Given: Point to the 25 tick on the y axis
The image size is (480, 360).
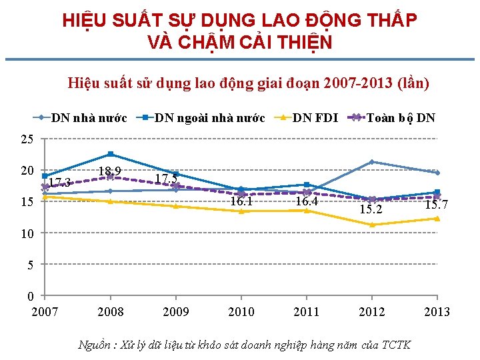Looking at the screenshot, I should [x=27, y=139].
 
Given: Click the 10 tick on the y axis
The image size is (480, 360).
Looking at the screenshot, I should [x=27, y=233].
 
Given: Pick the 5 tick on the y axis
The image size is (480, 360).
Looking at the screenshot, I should [x=29, y=265].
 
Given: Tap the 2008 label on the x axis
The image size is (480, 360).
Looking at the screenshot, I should [x=110, y=312].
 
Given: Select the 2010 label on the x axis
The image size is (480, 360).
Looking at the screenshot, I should [x=241, y=312].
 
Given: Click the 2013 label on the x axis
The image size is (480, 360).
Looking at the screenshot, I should [x=437, y=312].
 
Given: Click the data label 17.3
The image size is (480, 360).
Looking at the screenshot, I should [x=60, y=183].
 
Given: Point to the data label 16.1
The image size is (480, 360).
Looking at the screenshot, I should [x=241, y=201].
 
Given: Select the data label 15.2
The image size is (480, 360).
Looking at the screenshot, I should [x=371, y=209].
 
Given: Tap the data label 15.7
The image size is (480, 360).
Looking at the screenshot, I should [x=437, y=204].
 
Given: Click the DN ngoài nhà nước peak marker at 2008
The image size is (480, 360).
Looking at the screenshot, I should [x=111, y=155].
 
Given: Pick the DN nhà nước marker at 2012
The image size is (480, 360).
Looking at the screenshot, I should [x=372, y=162].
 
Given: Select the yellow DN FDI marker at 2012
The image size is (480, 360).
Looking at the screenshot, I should [x=372, y=225].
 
